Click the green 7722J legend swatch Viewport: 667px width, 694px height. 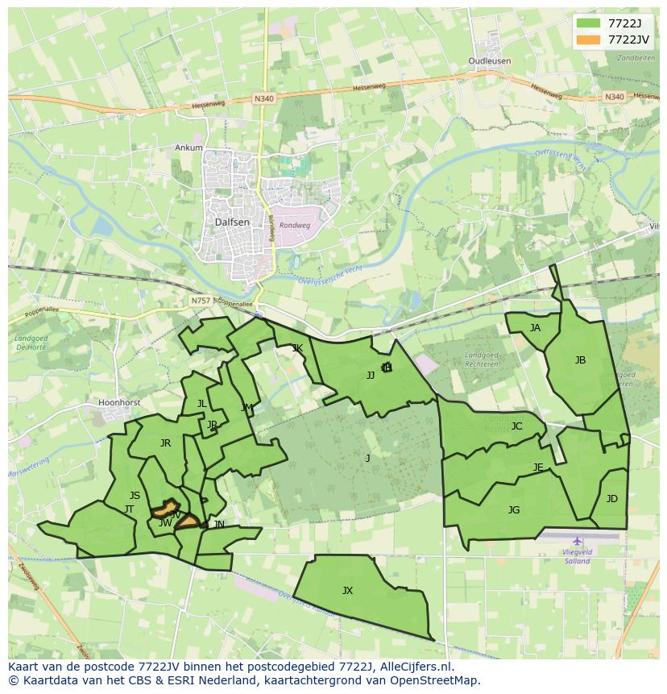click(x=589, y=23)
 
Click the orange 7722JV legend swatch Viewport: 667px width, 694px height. click(x=589, y=39)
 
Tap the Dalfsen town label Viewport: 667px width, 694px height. click(x=232, y=222)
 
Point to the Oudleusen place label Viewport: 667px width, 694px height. click(x=490, y=61)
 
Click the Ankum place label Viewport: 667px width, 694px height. click(x=188, y=148)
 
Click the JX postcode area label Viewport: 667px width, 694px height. click(x=347, y=591)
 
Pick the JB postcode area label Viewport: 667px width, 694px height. click(x=580, y=360)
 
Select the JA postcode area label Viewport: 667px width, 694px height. click(x=535, y=328)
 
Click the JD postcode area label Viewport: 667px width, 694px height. click(x=611, y=499)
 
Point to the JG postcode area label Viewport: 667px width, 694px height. click(x=514, y=509)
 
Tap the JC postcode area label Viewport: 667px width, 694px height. click(x=516, y=426)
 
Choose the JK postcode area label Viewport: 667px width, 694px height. click(x=297, y=348)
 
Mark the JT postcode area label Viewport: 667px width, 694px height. click(x=129, y=509)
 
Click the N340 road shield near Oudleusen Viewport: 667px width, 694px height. click(x=615, y=97)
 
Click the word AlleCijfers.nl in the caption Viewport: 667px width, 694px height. click(x=416, y=667)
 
